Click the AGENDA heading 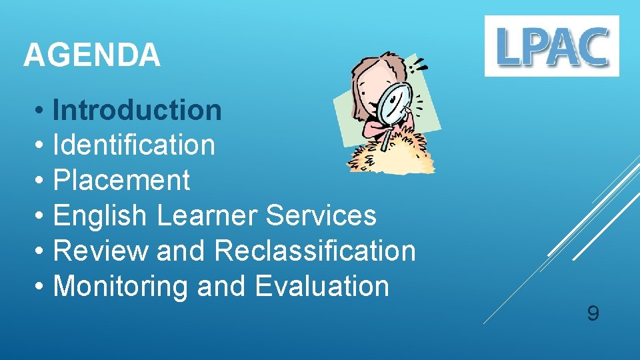[91, 55]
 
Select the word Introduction [137, 110]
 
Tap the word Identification [133, 145]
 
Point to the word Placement [121, 180]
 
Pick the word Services [321, 215]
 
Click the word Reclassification [315, 251]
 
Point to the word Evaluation [322, 286]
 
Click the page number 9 [592, 313]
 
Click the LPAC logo [551, 46]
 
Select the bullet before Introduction [41, 111]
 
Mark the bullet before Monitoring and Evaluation [41, 287]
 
